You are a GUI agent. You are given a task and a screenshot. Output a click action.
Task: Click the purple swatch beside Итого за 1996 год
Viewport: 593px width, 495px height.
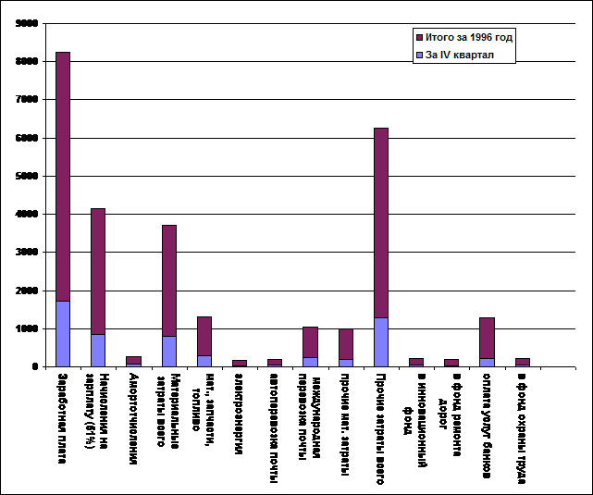click(x=419, y=38)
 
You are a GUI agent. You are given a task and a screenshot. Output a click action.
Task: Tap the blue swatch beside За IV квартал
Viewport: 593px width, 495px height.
click(x=419, y=56)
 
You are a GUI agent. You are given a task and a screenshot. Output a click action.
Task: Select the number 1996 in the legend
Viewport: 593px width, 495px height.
click(x=476, y=38)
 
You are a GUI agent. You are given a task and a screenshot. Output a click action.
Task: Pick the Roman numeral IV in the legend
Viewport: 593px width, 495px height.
click(x=444, y=56)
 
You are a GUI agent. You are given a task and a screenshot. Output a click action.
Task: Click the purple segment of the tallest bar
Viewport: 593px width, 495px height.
click(x=63, y=176)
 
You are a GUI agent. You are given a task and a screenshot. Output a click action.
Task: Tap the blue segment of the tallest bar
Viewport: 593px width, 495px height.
click(x=63, y=333)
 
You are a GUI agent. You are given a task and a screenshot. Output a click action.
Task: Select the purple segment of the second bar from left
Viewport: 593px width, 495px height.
click(x=98, y=271)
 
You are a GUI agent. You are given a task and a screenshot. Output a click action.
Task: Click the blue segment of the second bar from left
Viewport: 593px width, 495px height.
click(x=98, y=350)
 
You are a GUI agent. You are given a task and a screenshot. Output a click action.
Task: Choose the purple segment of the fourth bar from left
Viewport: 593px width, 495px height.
click(x=169, y=280)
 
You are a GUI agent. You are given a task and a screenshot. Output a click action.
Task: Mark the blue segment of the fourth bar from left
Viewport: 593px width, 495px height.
click(x=169, y=351)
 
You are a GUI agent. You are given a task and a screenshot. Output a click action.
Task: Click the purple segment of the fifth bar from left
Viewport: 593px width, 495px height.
click(x=204, y=336)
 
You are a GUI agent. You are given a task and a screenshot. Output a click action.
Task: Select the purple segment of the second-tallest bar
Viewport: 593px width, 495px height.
click(x=381, y=222)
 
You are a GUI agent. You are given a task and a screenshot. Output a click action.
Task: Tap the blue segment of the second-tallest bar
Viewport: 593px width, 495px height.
click(x=381, y=341)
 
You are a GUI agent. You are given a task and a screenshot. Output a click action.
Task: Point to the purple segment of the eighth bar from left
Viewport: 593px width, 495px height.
click(x=310, y=341)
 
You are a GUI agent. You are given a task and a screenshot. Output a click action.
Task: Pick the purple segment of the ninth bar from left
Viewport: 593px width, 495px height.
click(x=345, y=343)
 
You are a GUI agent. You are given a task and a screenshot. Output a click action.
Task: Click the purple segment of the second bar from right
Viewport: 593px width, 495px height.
click(x=487, y=338)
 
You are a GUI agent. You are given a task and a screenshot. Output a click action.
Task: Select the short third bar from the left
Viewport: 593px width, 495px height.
click(x=133, y=361)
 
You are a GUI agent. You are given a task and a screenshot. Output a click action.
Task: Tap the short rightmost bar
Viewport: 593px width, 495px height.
click(x=522, y=362)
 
